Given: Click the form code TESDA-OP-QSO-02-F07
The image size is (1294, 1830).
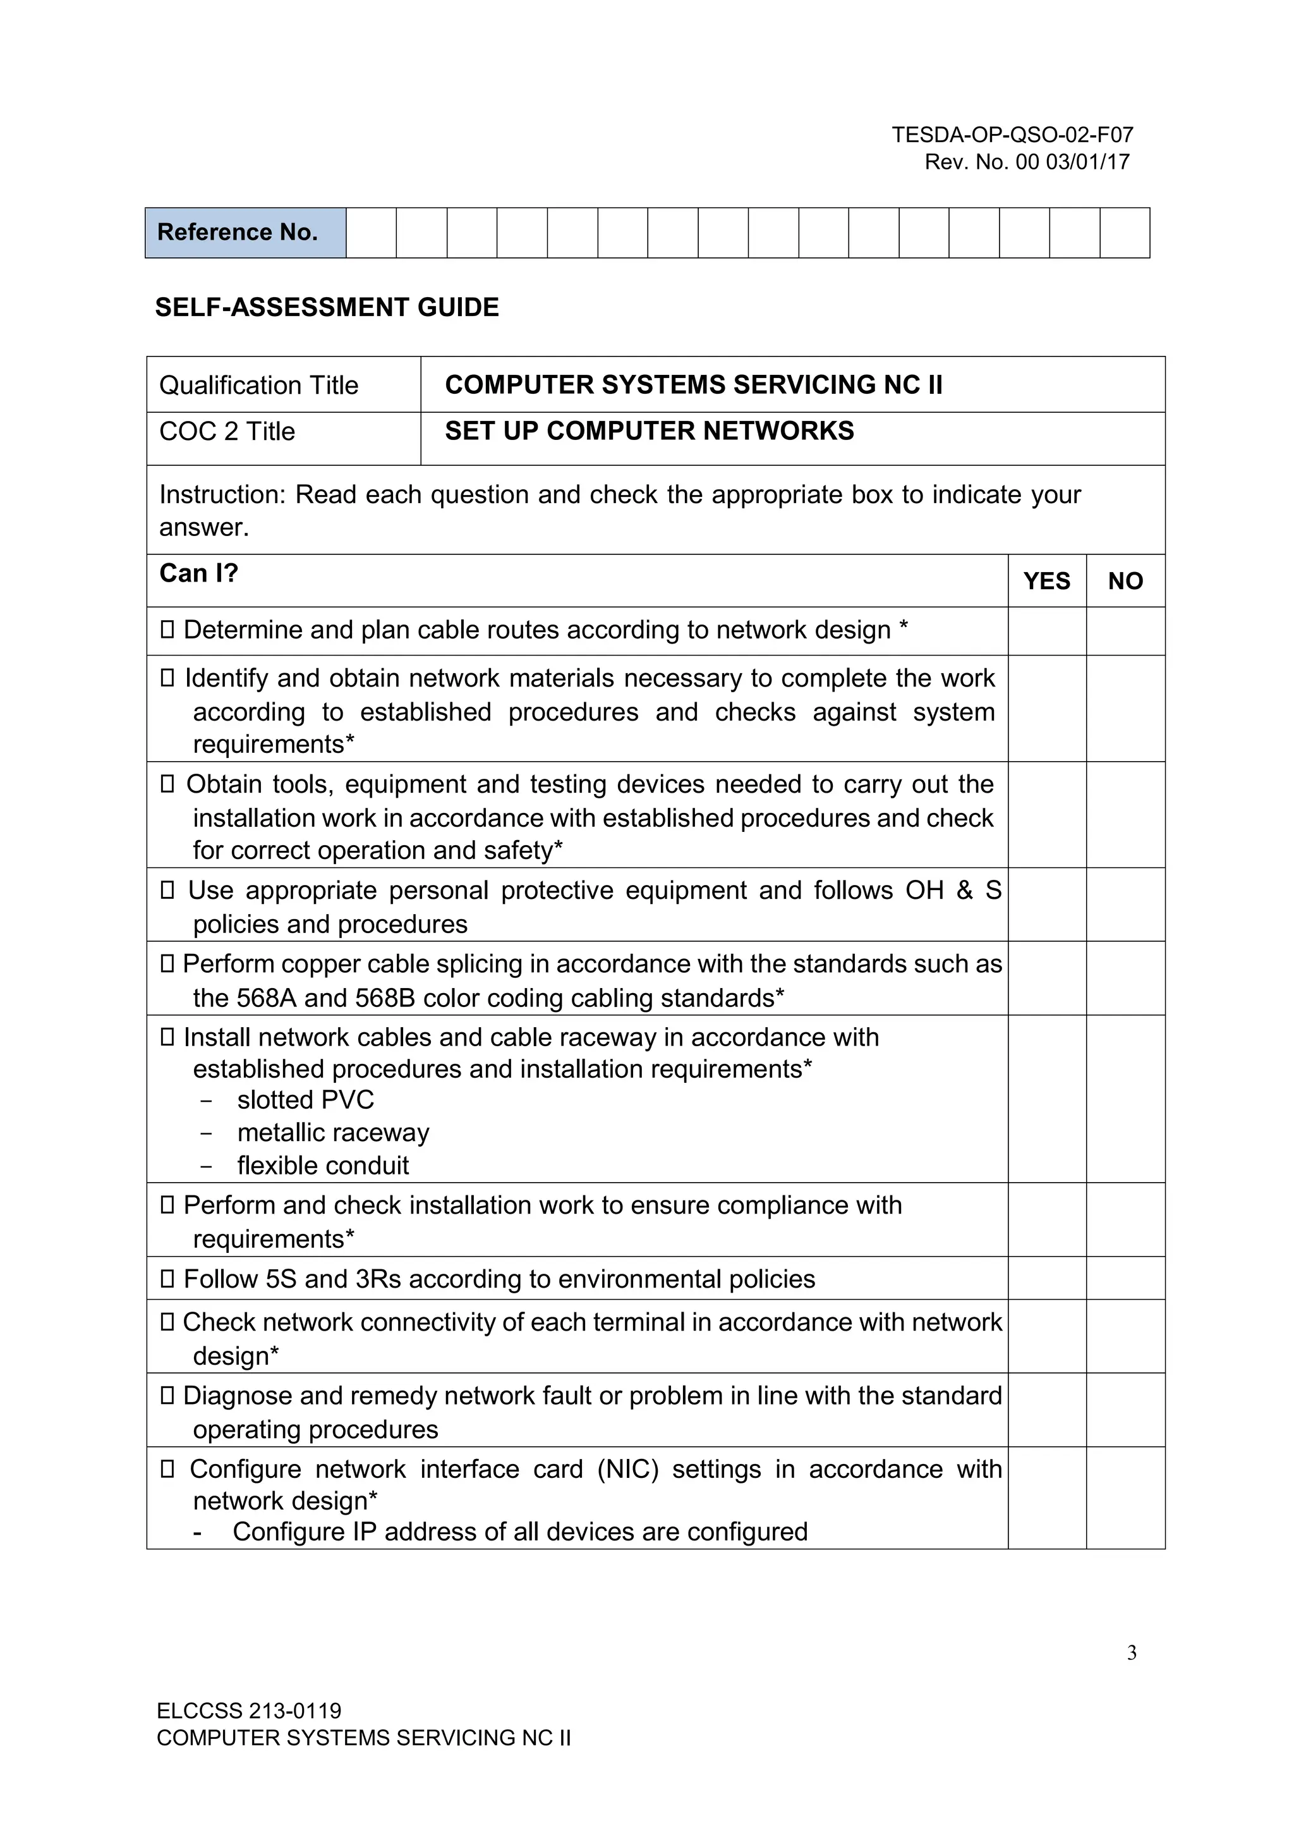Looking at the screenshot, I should [x=1012, y=135].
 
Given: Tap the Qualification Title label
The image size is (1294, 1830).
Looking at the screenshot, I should [x=259, y=385].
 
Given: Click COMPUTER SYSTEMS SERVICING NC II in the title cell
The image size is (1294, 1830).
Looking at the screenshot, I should [x=693, y=385].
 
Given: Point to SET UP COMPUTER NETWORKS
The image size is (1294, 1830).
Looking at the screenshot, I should [x=649, y=431].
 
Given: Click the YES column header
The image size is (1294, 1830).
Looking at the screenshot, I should [x=1046, y=581].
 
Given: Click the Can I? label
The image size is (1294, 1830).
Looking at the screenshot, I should [x=198, y=573].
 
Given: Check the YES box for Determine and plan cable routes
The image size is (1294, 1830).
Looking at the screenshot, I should [x=1046, y=631].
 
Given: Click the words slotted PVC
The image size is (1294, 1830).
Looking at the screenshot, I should [x=305, y=1100].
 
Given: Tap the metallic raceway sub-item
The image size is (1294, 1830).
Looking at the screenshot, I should [x=333, y=1133].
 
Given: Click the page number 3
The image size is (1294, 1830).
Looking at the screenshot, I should [x=1132, y=1653].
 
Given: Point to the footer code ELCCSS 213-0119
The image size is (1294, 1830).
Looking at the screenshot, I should [x=248, y=1711].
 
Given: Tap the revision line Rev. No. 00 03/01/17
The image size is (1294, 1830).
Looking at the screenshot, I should [x=1026, y=162].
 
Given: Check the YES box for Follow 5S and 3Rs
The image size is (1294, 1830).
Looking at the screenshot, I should [x=1046, y=1278].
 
